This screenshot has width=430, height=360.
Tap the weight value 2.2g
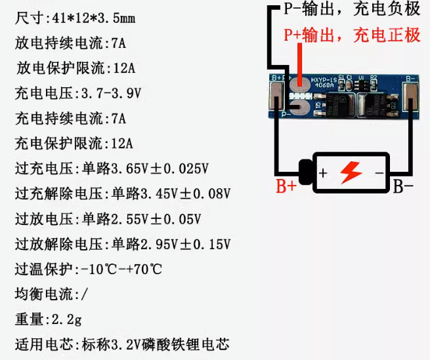click(x=65, y=319)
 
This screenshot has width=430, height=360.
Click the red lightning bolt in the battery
click(x=351, y=172)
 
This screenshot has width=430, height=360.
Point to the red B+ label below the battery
click(x=286, y=187)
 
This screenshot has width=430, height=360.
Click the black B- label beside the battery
click(x=403, y=187)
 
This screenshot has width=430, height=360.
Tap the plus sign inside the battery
click(x=323, y=174)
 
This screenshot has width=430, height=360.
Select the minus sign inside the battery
click(x=379, y=173)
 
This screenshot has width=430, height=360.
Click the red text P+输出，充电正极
click(x=352, y=35)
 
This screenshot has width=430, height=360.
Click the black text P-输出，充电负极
click(x=351, y=10)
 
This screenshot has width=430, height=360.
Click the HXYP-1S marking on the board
click(x=324, y=78)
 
